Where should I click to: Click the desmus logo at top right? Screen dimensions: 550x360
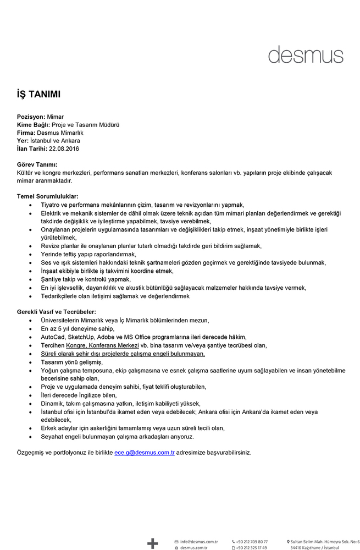click(x=305, y=54)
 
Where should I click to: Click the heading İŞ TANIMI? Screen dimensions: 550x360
click(x=38, y=94)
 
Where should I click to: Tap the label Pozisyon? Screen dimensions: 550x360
click(x=31, y=117)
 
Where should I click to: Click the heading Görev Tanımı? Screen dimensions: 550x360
click(x=37, y=164)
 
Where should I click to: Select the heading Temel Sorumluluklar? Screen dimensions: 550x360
click(x=47, y=196)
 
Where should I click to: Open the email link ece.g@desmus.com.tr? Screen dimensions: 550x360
click(x=144, y=452)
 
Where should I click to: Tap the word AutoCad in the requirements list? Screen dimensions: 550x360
click(x=53, y=337)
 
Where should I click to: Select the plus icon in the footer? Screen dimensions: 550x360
click(x=152, y=543)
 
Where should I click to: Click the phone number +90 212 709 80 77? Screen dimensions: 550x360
click(x=252, y=541)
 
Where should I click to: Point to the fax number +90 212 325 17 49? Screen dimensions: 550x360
click(x=252, y=548)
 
